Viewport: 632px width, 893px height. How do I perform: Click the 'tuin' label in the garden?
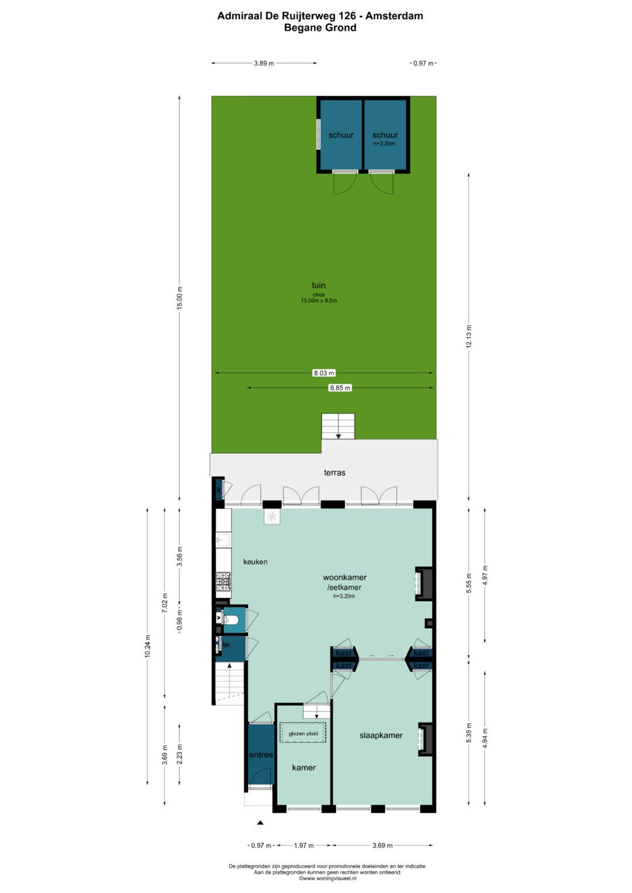pos(318,285)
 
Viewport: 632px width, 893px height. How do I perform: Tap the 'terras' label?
pos(334,473)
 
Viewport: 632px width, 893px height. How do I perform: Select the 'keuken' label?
pos(255,562)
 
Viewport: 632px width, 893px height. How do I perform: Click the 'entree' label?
pos(261,754)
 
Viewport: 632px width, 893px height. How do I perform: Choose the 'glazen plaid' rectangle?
pos(303,733)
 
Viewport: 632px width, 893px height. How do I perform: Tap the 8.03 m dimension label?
pos(324,373)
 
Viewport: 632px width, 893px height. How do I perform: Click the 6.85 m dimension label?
pos(340,388)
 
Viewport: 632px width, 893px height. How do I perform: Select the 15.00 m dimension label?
pos(179,298)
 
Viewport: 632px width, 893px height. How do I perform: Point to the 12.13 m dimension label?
pos(469,337)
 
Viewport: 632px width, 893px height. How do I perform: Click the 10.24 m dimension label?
pos(147,646)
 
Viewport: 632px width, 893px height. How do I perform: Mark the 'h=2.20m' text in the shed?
pos(384,144)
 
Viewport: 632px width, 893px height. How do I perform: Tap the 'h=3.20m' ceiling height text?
pos(344,597)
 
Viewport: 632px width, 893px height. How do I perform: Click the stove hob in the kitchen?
pos(224,581)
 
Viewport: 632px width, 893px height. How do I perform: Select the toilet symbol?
pos(231,619)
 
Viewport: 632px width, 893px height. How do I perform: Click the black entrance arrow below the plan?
pos(260,822)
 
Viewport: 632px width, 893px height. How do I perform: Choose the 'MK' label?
pos(226,645)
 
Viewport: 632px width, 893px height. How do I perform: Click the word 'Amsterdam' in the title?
pos(394,16)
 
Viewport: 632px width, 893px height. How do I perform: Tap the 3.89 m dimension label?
pos(264,63)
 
